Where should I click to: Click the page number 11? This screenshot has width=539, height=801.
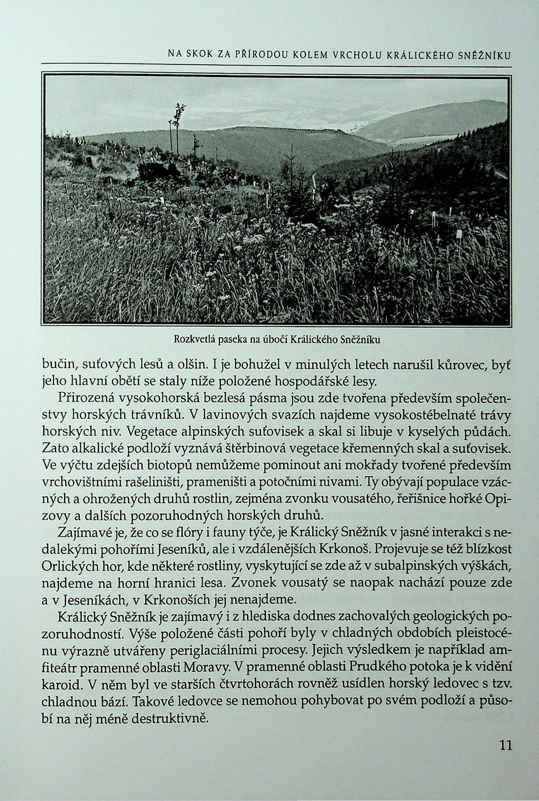(505, 745)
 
